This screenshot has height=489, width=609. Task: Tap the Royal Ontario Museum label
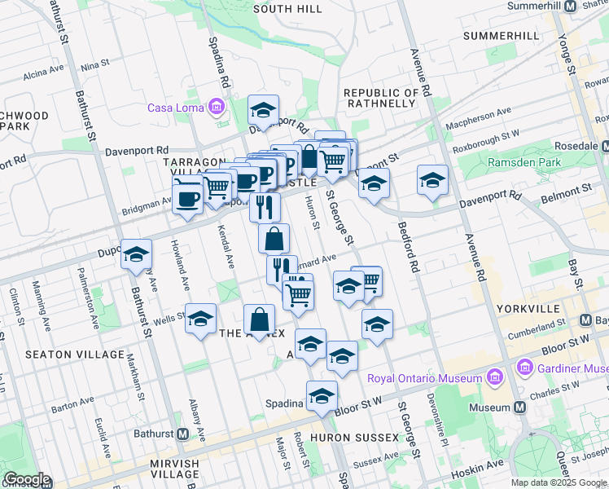coord(424,378)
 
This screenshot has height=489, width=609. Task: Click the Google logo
coord(27,479)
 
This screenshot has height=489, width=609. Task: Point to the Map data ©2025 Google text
coord(558,482)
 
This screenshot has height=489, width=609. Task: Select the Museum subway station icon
coord(519,407)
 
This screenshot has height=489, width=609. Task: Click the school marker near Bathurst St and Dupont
coord(136,255)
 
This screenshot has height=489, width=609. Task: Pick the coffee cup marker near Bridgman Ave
coord(188,197)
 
